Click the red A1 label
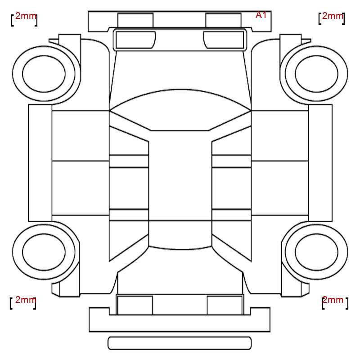261,15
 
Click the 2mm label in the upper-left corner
26,16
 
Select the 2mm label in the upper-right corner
333,16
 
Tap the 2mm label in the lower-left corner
26,300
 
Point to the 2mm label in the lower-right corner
333,300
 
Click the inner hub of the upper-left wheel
44,74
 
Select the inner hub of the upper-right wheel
317,74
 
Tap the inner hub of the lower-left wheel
44,252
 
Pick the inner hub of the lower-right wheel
317,252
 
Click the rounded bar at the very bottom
180,343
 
